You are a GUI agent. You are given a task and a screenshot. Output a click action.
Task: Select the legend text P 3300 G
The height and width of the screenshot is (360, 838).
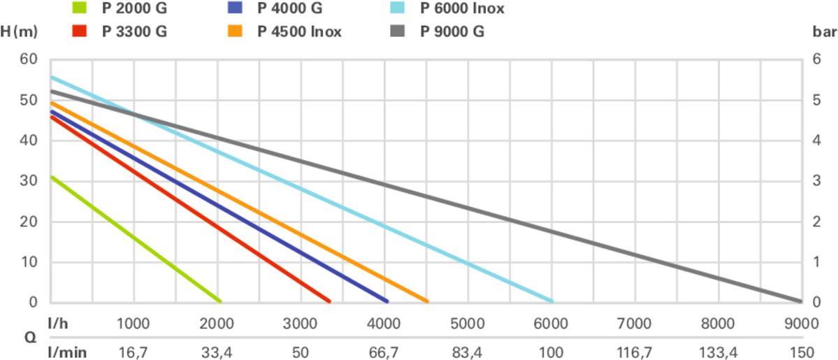[x=134, y=32]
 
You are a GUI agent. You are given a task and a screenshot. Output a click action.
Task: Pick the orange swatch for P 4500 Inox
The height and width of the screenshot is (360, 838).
[x=236, y=32]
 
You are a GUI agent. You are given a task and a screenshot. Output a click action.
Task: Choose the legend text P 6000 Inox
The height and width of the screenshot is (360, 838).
[x=462, y=9]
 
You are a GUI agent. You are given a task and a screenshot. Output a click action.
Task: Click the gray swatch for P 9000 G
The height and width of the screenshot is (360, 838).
[x=398, y=32]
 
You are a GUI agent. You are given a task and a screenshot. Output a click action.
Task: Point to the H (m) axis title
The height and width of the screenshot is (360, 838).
[x=19, y=32]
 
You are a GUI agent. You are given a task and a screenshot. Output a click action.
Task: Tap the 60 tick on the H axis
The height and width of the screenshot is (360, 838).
[x=28, y=59]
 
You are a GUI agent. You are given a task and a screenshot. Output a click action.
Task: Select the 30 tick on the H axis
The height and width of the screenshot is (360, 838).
[x=28, y=181]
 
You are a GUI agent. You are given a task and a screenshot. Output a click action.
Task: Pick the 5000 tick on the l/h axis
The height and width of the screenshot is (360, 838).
[x=468, y=324]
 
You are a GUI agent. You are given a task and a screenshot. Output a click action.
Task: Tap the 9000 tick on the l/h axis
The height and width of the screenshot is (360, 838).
[x=801, y=324]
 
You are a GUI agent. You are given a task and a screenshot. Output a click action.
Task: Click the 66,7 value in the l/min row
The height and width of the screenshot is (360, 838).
[x=384, y=352]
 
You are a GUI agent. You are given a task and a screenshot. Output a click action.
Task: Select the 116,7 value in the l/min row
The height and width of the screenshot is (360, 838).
[x=634, y=352]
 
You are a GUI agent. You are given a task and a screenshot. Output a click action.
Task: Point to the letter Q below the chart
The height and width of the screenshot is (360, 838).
[x=31, y=338]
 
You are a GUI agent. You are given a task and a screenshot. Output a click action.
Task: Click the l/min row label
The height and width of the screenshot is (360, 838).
[x=68, y=352]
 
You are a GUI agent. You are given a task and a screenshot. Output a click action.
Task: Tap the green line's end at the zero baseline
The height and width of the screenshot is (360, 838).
[x=220, y=301]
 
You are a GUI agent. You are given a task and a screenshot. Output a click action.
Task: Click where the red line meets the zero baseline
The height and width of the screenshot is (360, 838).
[x=329, y=301]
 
